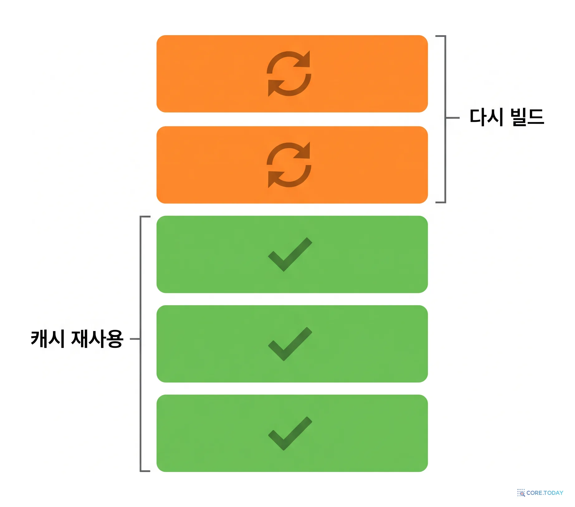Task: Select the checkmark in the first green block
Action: coord(290,255)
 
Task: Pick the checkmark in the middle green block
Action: coord(290,344)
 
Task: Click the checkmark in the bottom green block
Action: coord(290,434)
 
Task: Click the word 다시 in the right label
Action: coord(486,117)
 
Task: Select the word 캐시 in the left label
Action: coord(48,339)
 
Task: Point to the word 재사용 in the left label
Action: coord(97,339)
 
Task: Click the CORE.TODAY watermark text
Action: coord(545,493)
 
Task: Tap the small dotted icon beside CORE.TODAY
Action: coord(521,493)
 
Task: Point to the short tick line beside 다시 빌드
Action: coord(453,118)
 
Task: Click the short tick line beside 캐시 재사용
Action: coord(135,339)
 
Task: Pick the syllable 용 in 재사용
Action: coord(114,339)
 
